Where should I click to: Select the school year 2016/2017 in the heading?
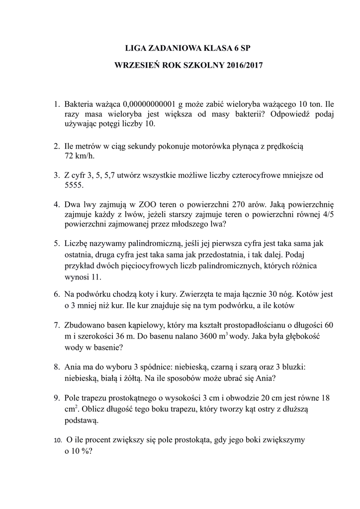(x=244, y=65)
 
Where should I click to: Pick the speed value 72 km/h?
(x=79, y=156)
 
